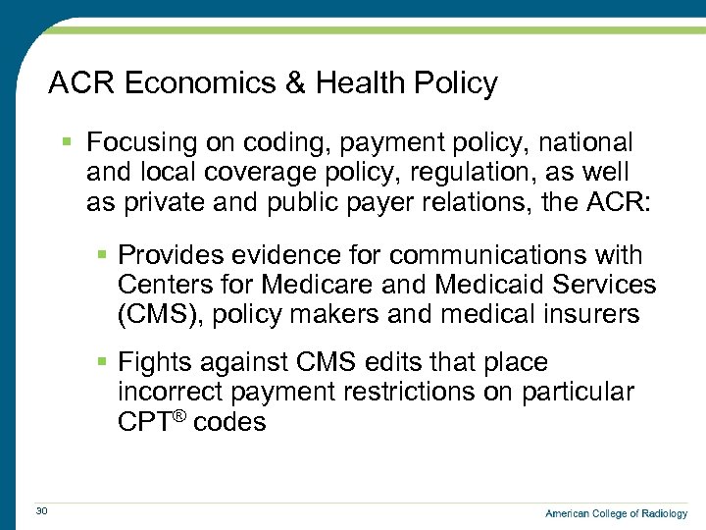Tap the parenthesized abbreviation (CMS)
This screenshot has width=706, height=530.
pos(157,315)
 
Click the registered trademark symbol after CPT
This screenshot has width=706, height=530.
pos(181,416)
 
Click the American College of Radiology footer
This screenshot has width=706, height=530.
pos(616,513)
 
